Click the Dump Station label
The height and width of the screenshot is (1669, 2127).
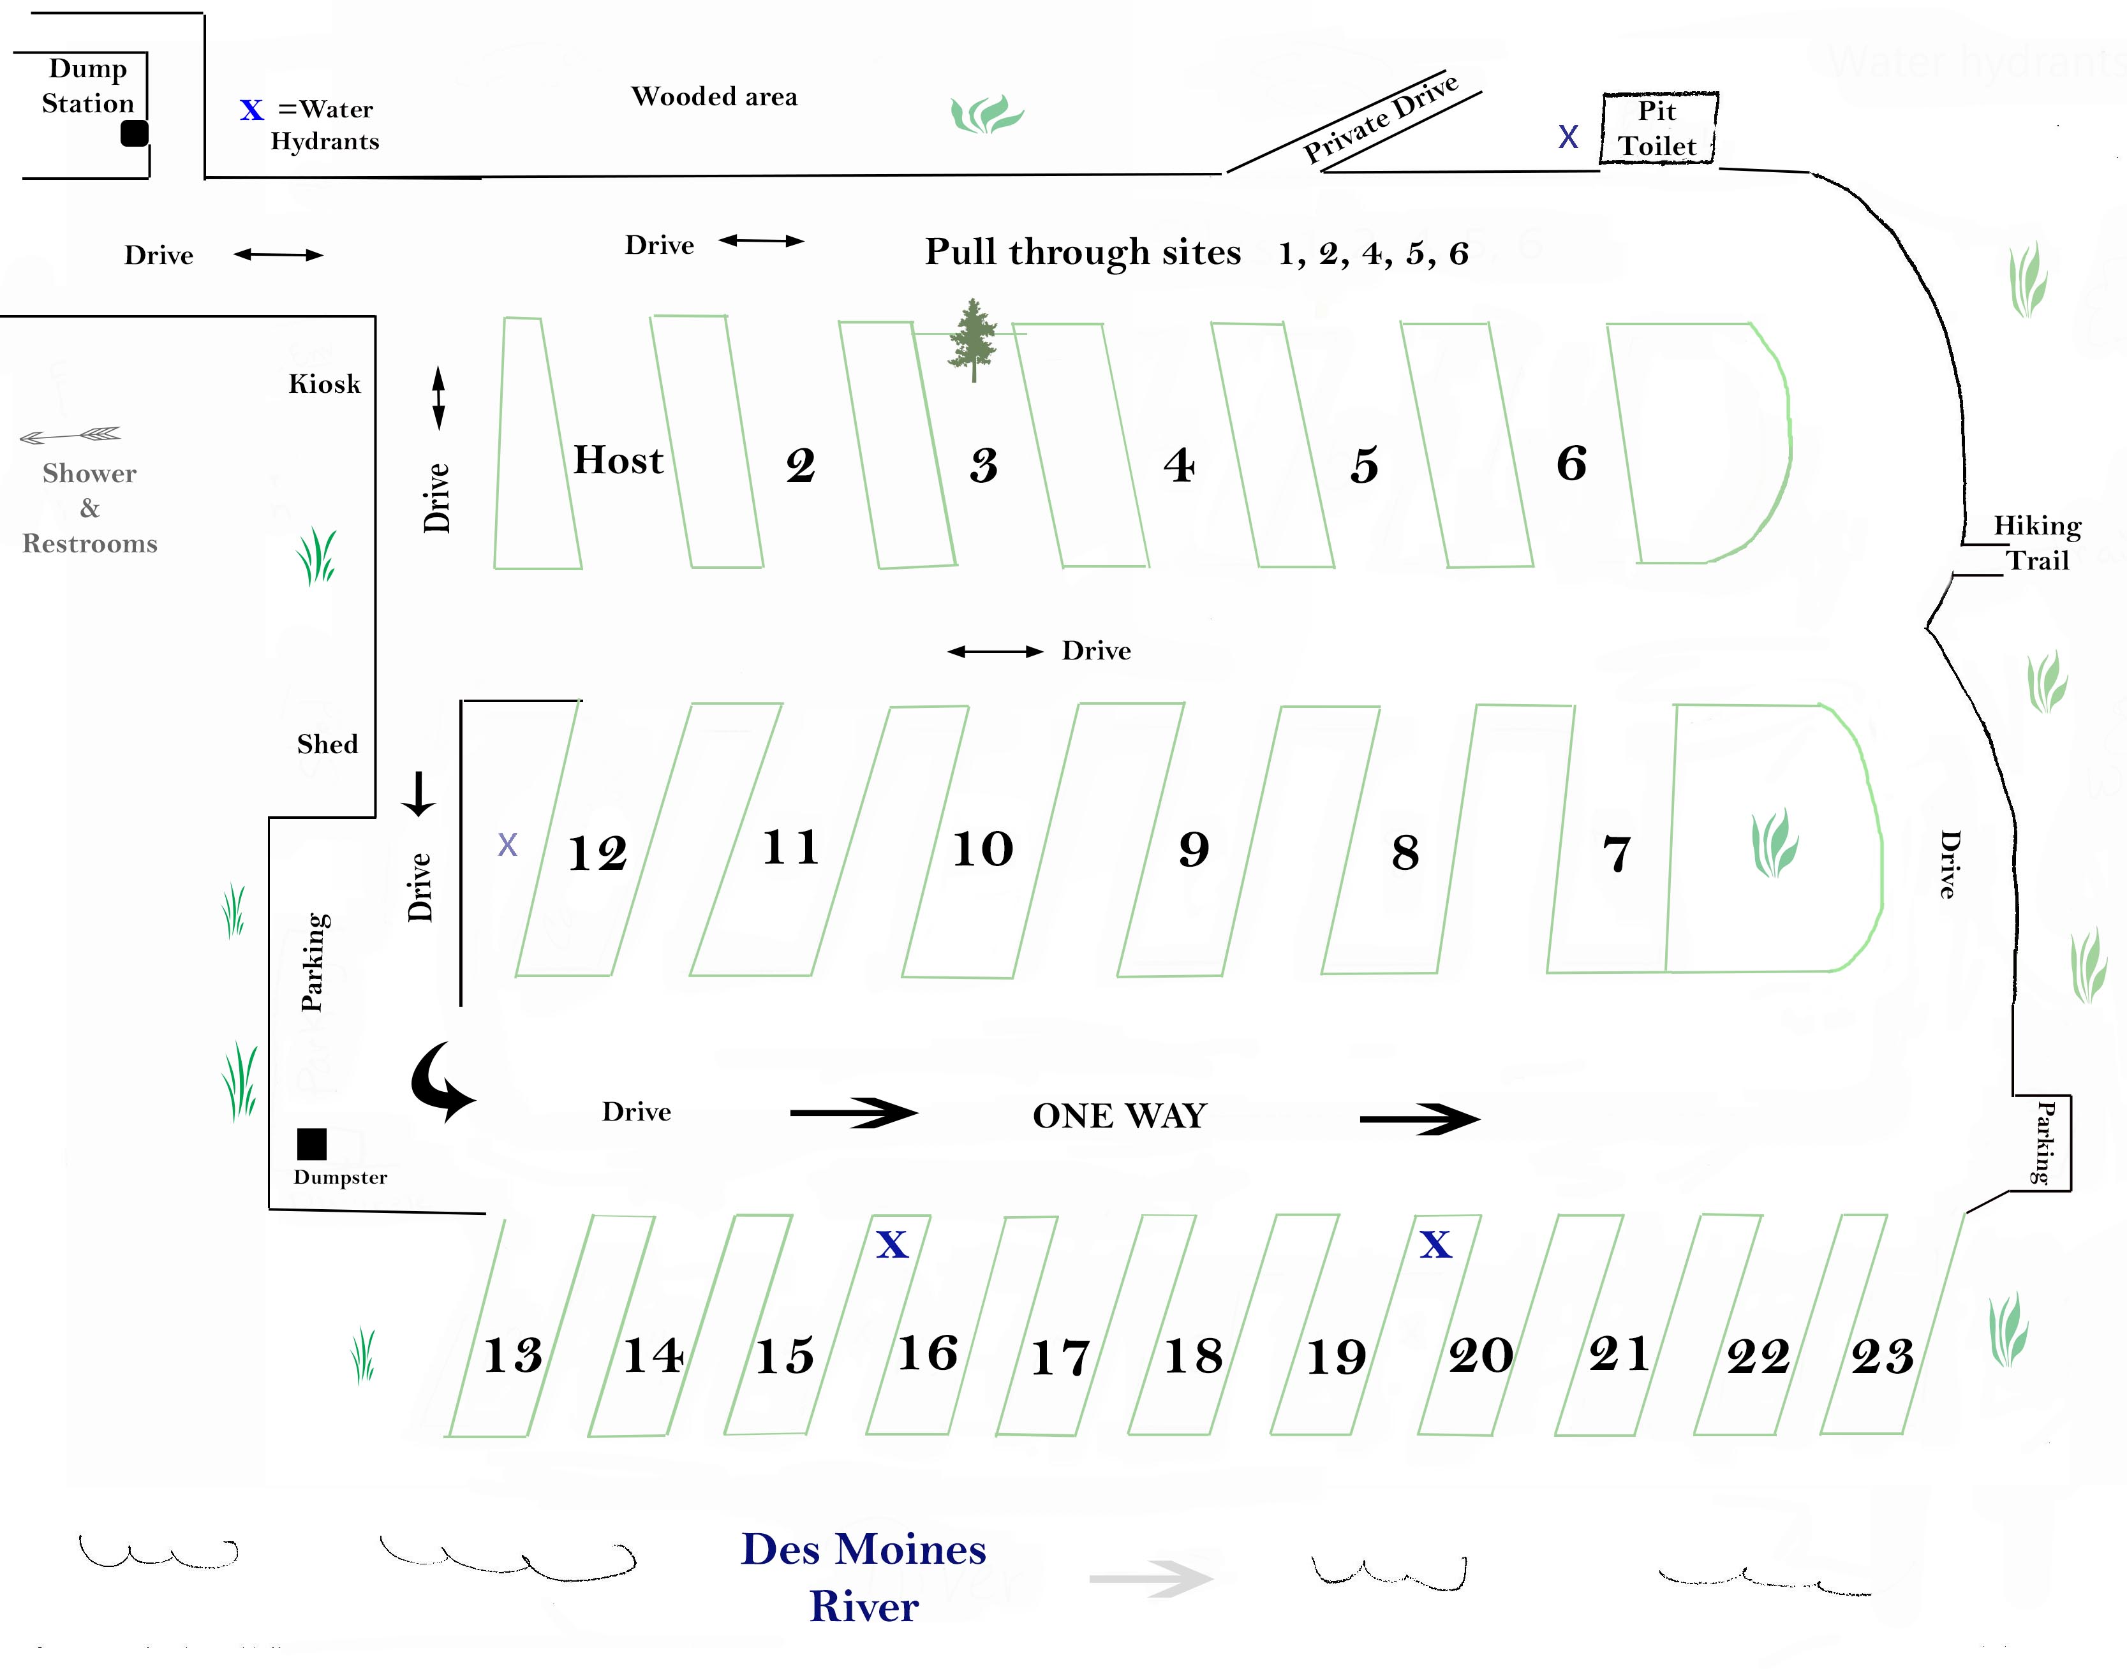coord(88,86)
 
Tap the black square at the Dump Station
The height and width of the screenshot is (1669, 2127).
coord(135,133)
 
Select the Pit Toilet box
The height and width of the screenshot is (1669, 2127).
coord(1658,128)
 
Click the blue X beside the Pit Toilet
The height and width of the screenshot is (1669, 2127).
coord(1568,137)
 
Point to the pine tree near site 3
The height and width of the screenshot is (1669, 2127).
coord(974,339)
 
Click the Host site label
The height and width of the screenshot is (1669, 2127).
coord(618,460)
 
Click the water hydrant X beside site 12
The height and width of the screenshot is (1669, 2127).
coord(507,844)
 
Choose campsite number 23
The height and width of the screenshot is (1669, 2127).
coord(1881,1357)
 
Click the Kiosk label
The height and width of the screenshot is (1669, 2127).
coord(325,384)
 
